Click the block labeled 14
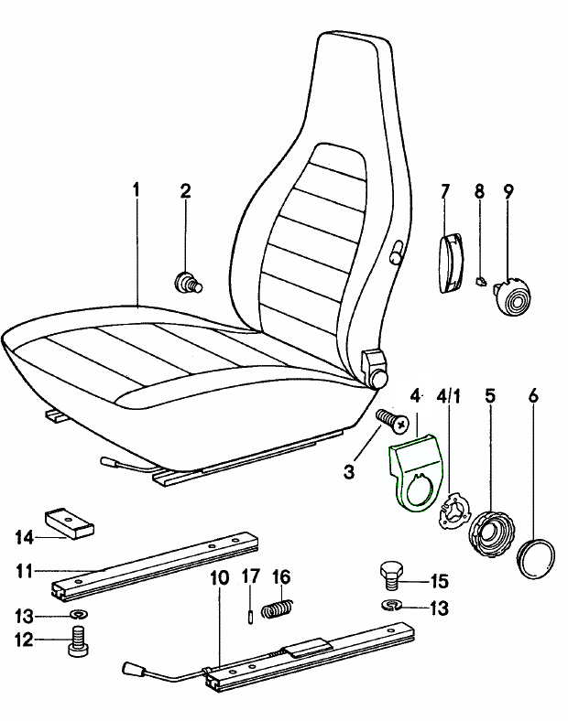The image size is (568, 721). coord(69,522)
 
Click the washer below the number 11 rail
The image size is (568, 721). coord(79,613)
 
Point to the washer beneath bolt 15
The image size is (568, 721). coord(391,605)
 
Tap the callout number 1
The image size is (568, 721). coord(137,191)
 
